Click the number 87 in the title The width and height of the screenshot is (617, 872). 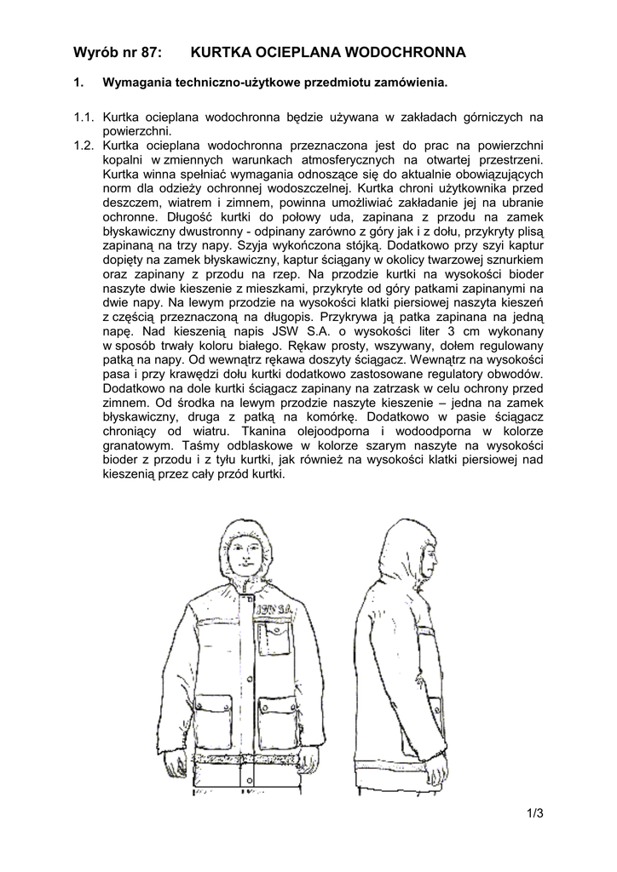[148, 53]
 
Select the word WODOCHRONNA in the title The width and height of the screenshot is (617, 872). [407, 53]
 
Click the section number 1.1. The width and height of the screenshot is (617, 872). [84, 117]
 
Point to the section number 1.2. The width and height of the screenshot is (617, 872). [84, 145]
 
